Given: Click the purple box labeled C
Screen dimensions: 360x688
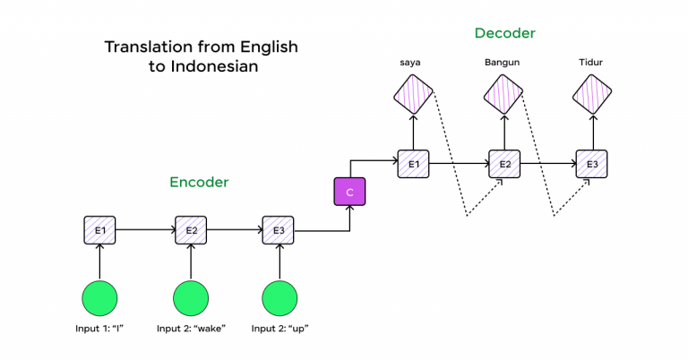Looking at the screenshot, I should [x=349, y=193].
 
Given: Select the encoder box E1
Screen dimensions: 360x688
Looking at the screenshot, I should [x=100, y=230].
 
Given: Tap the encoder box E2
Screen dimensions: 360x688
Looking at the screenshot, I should [x=191, y=230].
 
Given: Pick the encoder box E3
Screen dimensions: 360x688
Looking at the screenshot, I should [x=279, y=230].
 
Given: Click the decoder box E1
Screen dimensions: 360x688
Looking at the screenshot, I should [x=413, y=164].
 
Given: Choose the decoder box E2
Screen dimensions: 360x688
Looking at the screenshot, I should [x=503, y=164].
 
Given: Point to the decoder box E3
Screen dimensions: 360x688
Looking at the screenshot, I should [x=592, y=164].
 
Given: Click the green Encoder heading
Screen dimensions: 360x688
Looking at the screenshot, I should [x=199, y=182].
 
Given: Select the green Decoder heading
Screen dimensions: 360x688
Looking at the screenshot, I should [x=504, y=33].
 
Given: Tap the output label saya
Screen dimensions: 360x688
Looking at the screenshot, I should [x=412, y=63].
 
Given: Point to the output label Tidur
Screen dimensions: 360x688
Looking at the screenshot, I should [x=592, y=63].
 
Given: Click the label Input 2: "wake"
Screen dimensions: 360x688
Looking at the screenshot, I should [x=191, y=329].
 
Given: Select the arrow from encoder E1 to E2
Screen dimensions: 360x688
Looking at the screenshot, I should [x=145, y=230].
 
